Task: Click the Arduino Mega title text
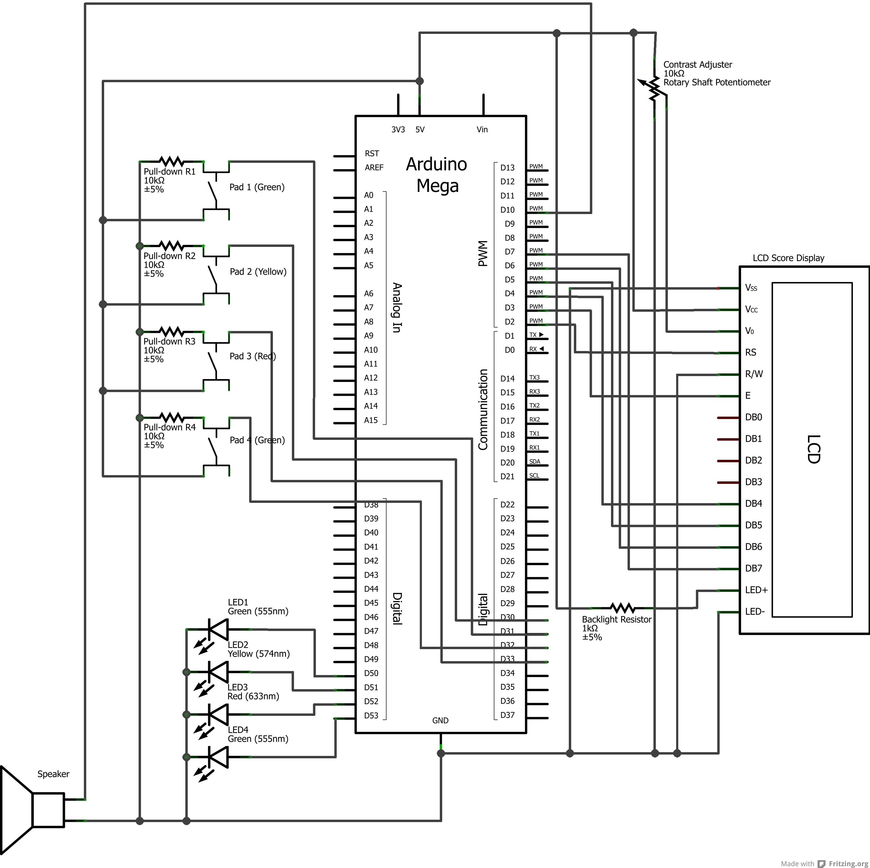pyautogui.click(x=437, y=175)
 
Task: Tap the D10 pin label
pyautogui.click(x=507, y=210)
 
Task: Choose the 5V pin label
pyautogui.click(x=420, y=130)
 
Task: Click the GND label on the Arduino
pyautogui.click(x=440, y=721)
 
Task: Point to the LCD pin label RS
pyautogui.click(x=751, y=353)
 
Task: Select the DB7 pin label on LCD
pyautogui.click(x=753, y=569)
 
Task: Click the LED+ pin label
pyautogui.click(x=756, y=590)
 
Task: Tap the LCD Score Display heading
pyautogui.click(x=789, y=258)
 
